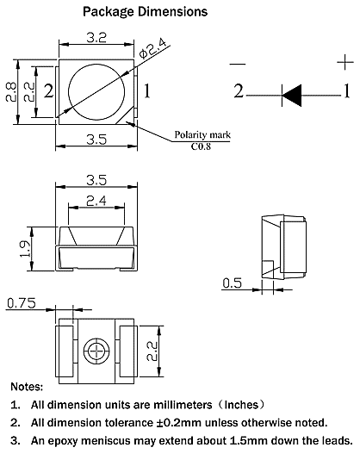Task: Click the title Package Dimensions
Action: coord(144,12)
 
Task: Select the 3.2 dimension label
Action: coord(96,38)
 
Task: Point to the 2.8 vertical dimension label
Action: coord(11,91)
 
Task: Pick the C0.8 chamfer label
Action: coord(203,146)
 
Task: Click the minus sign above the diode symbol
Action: coord(239,62)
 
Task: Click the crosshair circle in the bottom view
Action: coord(96,351)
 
